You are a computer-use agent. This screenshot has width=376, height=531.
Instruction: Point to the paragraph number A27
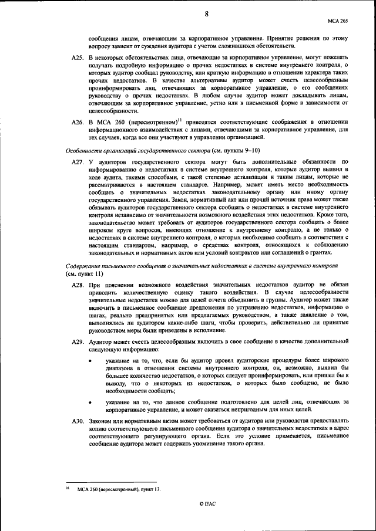[x=78, y=161]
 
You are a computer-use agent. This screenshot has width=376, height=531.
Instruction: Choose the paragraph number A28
[x=78, y=283]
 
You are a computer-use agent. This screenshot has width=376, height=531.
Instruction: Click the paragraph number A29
[x=78, y=341]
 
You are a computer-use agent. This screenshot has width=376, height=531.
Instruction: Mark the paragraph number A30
[x=78, y=421]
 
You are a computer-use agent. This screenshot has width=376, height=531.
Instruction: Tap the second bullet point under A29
[x=90, y=401]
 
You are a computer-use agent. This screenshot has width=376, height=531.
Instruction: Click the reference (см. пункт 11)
[x=85, y=273]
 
